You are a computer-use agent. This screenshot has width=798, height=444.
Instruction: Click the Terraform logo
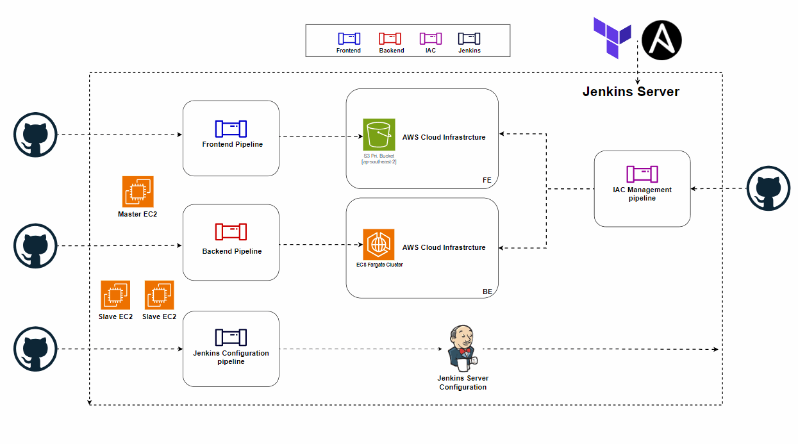coord(612,38)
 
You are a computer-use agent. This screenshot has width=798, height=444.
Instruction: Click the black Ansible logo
coord(661,40)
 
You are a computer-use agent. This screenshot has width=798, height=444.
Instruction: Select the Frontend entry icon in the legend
coord(349,38)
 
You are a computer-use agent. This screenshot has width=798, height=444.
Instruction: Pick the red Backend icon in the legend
coord(390,38)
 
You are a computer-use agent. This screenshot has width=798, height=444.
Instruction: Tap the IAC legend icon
coord(431,38)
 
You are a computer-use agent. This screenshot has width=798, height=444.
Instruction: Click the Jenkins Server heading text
coord(631,92)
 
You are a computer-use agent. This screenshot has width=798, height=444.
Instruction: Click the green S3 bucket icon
coord(379,135)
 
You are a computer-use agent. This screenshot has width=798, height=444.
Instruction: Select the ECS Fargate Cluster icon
coord(379,245)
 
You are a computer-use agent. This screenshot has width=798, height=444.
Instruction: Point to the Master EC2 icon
coord(138,192)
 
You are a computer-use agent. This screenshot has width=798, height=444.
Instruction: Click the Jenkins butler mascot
coord(462,349)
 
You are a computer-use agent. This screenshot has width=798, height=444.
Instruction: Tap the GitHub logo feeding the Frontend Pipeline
coord(35,135)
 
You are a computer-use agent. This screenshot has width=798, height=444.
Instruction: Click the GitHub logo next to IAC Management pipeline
coord(769,188)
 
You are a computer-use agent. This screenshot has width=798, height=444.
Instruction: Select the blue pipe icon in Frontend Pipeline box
coord(231,129)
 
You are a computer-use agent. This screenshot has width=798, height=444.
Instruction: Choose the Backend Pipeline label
coord(232,251)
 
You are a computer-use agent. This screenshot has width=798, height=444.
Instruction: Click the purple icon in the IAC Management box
coord(642,174)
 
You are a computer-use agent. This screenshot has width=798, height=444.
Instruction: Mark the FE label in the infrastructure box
coord(487,180)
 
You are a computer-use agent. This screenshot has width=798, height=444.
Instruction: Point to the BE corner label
coord(487,292)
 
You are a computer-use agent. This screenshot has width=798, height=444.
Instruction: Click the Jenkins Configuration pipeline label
coord(231,357)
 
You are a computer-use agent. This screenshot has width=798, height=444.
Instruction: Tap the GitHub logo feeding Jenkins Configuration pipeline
coord(35,349)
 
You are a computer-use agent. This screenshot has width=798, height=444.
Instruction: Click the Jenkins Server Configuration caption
coord(463,382)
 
